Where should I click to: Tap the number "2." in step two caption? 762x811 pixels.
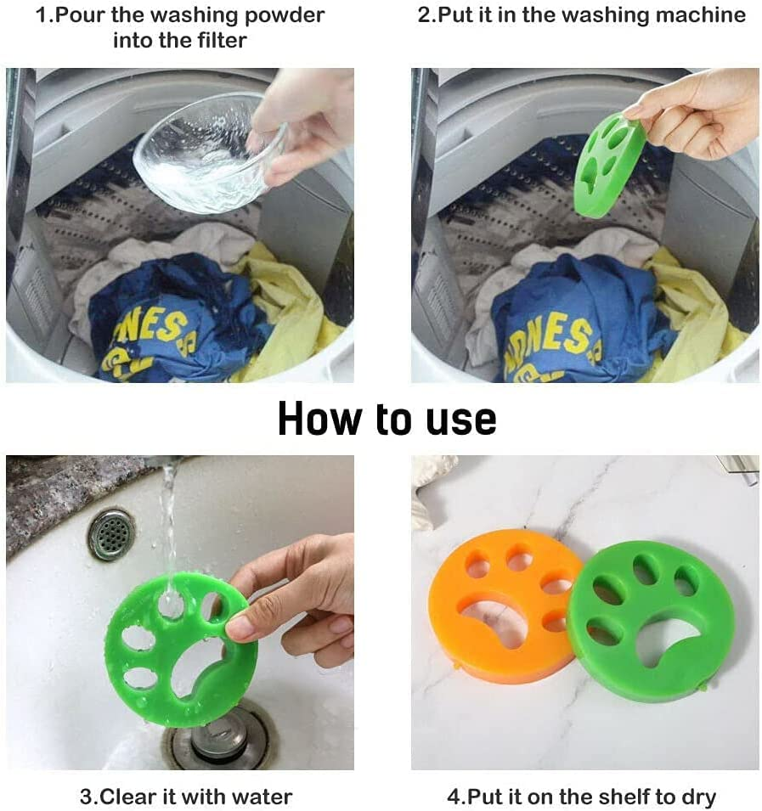426,15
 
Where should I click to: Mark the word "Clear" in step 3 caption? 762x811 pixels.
132,797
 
